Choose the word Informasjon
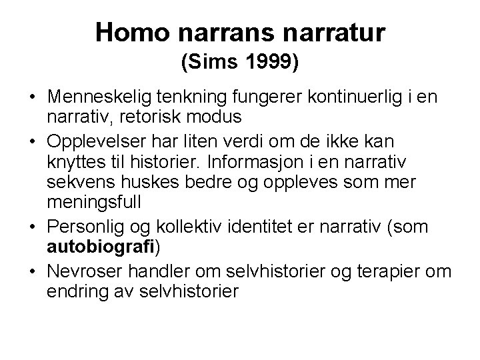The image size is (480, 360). (x=297, y=161)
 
